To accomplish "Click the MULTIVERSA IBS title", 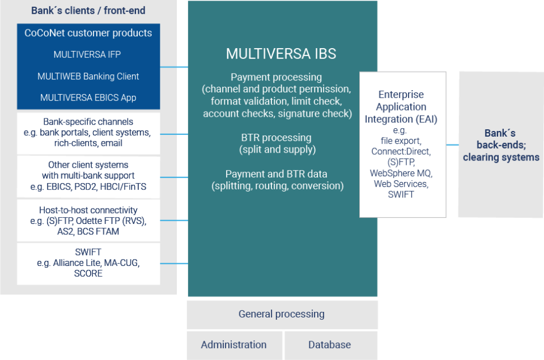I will coord(281,54).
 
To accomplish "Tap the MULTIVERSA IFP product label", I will coord(87,55).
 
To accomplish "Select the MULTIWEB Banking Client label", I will coord(88,77).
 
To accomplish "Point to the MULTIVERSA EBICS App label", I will coord(88,98).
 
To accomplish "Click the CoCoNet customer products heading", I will coord(88,33).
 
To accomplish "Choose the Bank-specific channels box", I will coord(88,133).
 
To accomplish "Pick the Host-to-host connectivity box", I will coord(88,221).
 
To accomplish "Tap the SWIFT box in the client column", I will coord(88,263).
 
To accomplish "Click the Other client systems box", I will coord(88,176).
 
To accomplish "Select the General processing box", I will coord(282,314).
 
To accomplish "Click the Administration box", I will coord(233,345).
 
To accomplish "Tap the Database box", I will coord(329,345).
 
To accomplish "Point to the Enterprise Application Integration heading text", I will coord(401,107).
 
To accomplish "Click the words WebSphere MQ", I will coord(401,173).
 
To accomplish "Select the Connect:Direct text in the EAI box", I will coord(401,151).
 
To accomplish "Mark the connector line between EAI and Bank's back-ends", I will coord(452,145).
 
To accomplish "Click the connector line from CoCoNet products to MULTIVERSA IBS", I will coord(173,67).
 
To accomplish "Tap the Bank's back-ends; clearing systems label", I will coord(501,146).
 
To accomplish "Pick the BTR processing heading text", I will coord(276,138).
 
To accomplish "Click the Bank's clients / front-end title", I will coord(89,10).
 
